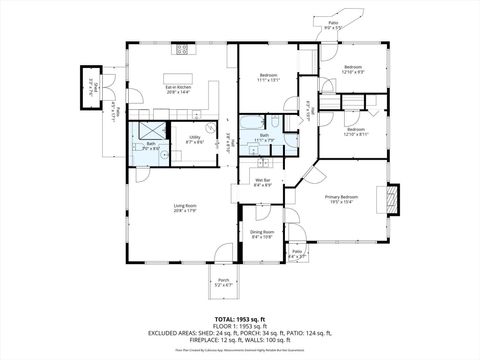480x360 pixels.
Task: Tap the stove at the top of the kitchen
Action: pos(183,49)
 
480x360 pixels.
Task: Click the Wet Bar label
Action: pos(262,184)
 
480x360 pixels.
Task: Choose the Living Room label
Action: pos(184,209)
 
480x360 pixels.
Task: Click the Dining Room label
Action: pos(262,235)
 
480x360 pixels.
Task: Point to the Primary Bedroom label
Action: pos(341,199)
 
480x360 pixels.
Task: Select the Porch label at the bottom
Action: pos(223,283)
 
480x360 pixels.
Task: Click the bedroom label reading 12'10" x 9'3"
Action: pos(353,70)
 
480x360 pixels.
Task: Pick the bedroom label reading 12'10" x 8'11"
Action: pos(356,131)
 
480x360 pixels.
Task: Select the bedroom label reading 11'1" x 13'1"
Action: pos(269,77)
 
